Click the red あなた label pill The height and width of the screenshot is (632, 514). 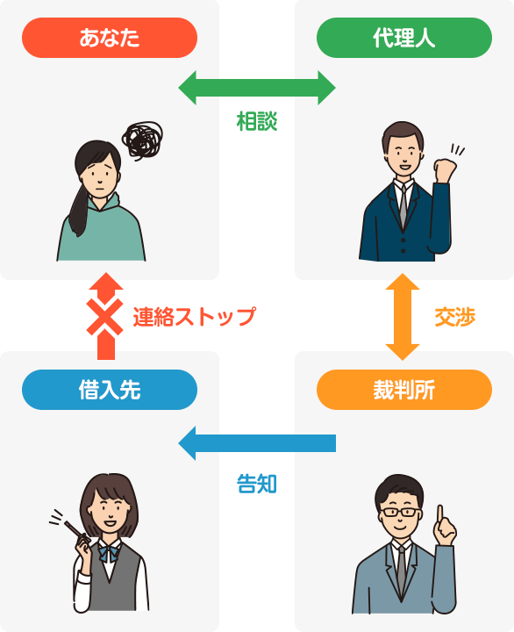click(x=110, y=38)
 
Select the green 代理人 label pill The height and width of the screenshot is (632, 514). click(x=404, y=38)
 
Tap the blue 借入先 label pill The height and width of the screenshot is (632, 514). click(x=110, y=390)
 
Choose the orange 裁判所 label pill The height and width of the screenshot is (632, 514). click(x=404, y=390)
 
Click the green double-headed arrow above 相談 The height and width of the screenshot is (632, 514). click(x=257, y=88)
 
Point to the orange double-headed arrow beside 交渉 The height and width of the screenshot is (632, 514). click(x=403, y=316)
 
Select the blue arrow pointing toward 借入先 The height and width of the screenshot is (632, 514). click(x=257, y=443)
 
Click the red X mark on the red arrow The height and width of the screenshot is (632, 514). click(x=104, y=317)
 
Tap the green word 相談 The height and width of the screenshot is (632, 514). click(x=257, y=121)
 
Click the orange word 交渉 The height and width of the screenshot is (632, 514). click(x=455, y=317)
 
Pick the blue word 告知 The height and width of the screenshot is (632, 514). click(x=257, y=484)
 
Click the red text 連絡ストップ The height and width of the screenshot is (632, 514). click(x=195, y=316)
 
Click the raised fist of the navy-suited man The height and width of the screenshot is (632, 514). click(x=445, y=169)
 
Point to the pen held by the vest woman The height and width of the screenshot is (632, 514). click(x=75, y=531)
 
